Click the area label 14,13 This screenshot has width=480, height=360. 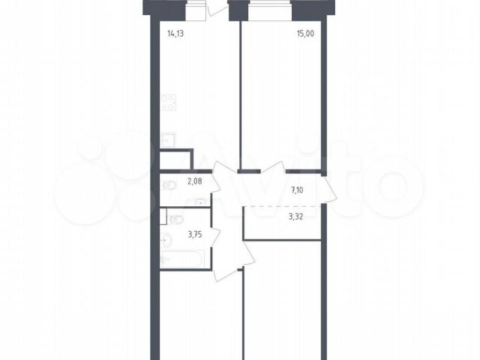click(175, 33)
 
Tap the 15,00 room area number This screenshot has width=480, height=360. click(305, 33)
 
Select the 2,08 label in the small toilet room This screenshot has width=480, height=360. click(195, 181)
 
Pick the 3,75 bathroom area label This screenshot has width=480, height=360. click(195, 235)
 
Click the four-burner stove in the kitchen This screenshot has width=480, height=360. click(168, 103)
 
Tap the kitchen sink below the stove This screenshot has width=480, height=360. click(167, 140)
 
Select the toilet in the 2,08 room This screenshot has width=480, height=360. click(168, 185)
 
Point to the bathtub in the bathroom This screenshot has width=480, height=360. click(182, 259)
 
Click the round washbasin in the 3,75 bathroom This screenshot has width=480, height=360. click(166, 240)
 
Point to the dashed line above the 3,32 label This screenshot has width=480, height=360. click(282, 206)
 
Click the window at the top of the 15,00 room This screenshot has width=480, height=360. click(270, 10)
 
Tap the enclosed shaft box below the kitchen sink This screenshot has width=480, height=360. click(176, 160)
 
